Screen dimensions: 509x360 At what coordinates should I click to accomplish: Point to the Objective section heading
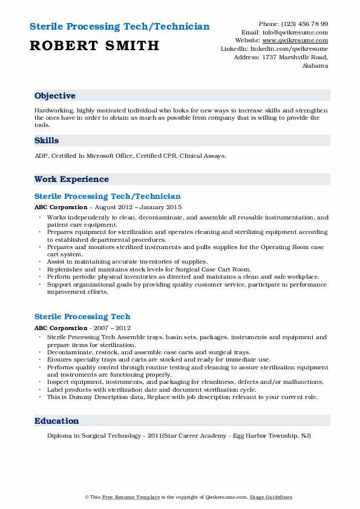[x=55, y=96]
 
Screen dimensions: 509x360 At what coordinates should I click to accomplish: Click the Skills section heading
[x=47, y=140]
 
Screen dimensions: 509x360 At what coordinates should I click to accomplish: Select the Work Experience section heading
[x=71, y=179]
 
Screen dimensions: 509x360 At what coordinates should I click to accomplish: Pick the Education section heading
[x=56, y=421]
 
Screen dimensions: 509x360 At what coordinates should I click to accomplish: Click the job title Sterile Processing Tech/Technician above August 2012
[x=107, y=196]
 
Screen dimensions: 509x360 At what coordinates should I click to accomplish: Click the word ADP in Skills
[x=41, y=156]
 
